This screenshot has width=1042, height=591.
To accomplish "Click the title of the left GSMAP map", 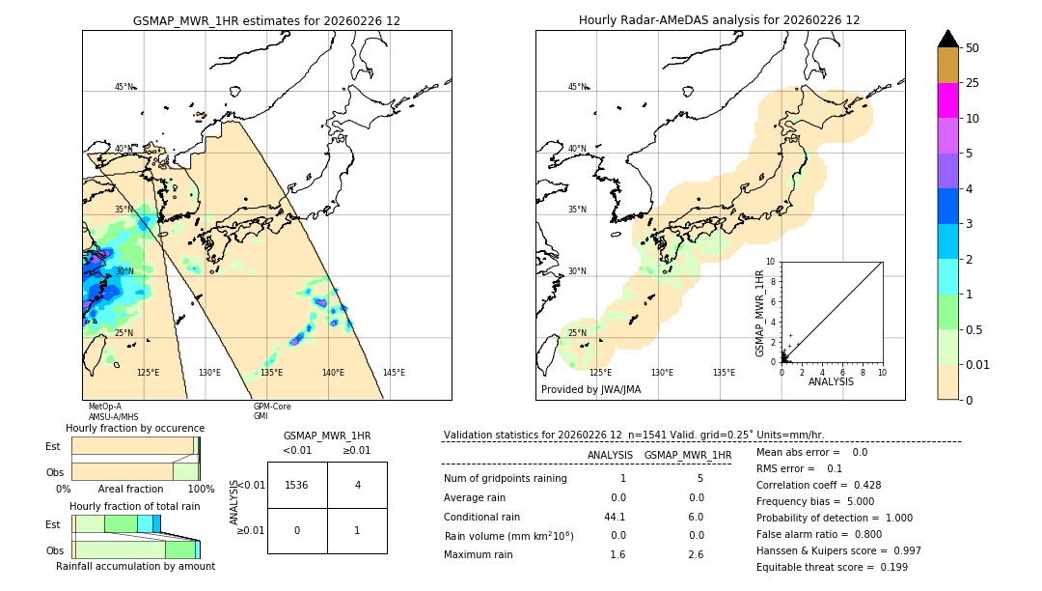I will (x=266, y=20).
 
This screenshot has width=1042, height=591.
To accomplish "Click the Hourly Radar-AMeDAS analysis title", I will (x=719, y=20).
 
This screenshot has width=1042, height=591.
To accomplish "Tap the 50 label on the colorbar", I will (x=973, y=48).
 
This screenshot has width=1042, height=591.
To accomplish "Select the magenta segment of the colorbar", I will (x=947, y=100).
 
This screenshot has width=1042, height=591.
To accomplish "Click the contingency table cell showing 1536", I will (x=297, y=485).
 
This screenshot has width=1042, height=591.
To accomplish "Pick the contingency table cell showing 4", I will (x=357, y=485).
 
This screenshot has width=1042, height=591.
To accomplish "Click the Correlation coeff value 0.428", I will (x=861, y=485).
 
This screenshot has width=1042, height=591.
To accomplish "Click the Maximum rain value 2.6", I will (x=695, y=554).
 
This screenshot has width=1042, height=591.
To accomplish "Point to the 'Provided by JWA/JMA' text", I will (x=590, y=390).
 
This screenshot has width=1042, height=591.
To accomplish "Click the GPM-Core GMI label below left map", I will (x=271, y=411).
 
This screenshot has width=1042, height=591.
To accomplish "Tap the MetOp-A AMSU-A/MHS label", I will (x=112, y=411).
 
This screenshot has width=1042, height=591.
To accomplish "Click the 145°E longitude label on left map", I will (x=394, y=373).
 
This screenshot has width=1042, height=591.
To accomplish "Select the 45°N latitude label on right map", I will (x=577, y=87).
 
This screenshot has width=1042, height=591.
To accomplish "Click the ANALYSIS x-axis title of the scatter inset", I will (x=831, y=381).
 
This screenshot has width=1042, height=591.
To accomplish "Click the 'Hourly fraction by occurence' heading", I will (x=135, y=428).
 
